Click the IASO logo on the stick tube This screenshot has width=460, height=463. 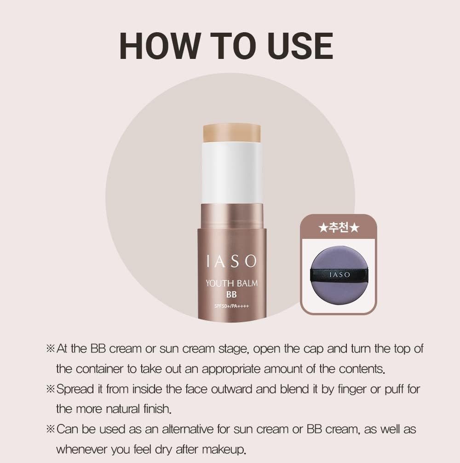point(232,261)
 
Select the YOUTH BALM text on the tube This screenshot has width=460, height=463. point(232,283)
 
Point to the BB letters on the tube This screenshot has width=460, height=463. point(231,295)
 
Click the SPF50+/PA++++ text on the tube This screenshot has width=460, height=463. point(232,306)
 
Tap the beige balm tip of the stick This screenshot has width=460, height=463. point(232,133)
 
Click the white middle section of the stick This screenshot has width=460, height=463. point(232,173)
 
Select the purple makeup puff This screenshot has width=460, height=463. point(339,275)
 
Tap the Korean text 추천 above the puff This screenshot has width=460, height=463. point(339,228)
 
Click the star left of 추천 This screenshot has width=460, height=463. point(323,228)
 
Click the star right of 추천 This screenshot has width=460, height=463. point(354,228)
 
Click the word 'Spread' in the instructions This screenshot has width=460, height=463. point(75,389)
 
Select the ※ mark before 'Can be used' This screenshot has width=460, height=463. point(51,429)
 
